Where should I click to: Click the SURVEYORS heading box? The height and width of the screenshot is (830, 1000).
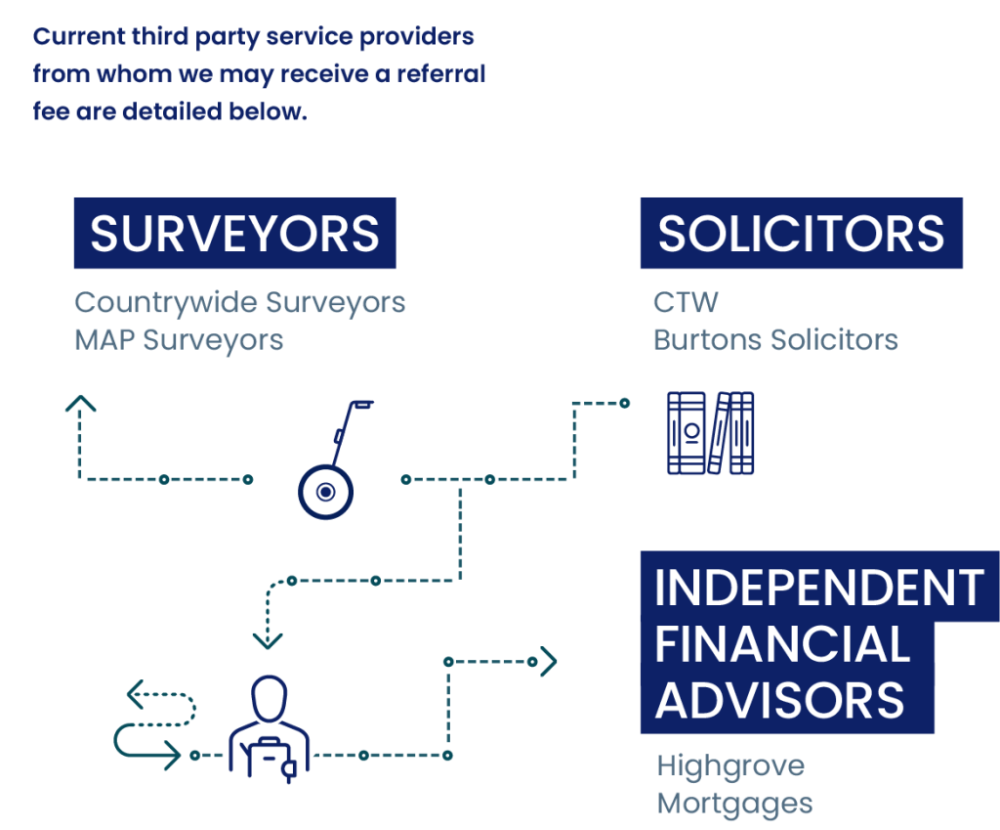click(234, 234)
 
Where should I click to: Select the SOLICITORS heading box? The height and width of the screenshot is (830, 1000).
click(801, 234)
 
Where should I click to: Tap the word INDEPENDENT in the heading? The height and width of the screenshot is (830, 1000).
click(818, 588)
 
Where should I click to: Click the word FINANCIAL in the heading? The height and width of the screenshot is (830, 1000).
click(782, 644)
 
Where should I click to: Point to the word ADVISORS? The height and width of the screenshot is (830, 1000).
click(780, 700)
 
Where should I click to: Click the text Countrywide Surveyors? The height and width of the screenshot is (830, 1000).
click(239, 302)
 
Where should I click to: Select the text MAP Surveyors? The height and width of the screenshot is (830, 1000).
click(179, 339)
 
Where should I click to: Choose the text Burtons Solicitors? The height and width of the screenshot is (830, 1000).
click(775, 339)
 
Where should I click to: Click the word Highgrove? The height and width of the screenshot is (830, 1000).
click(730, 765)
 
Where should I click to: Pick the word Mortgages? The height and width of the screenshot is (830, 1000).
click(734, 804)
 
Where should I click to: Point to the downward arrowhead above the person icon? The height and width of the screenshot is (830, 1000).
click(268, 640)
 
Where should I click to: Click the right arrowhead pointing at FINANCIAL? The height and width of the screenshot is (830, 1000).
click(549, 662)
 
